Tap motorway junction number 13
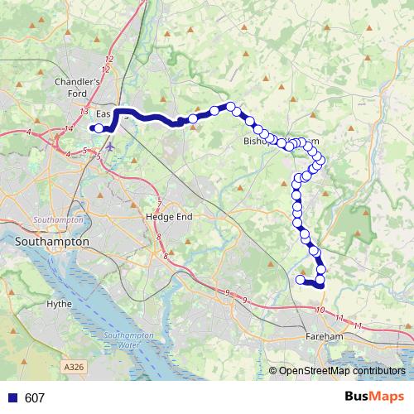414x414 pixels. [x=84, y=111]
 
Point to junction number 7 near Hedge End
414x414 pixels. [x=159, y=203]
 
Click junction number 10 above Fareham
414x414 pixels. [x=320, y=310]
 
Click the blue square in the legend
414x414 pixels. [x=12, y=397]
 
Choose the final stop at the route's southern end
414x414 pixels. [x=300, y=280]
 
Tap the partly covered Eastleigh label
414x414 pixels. [x=103, y=114]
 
